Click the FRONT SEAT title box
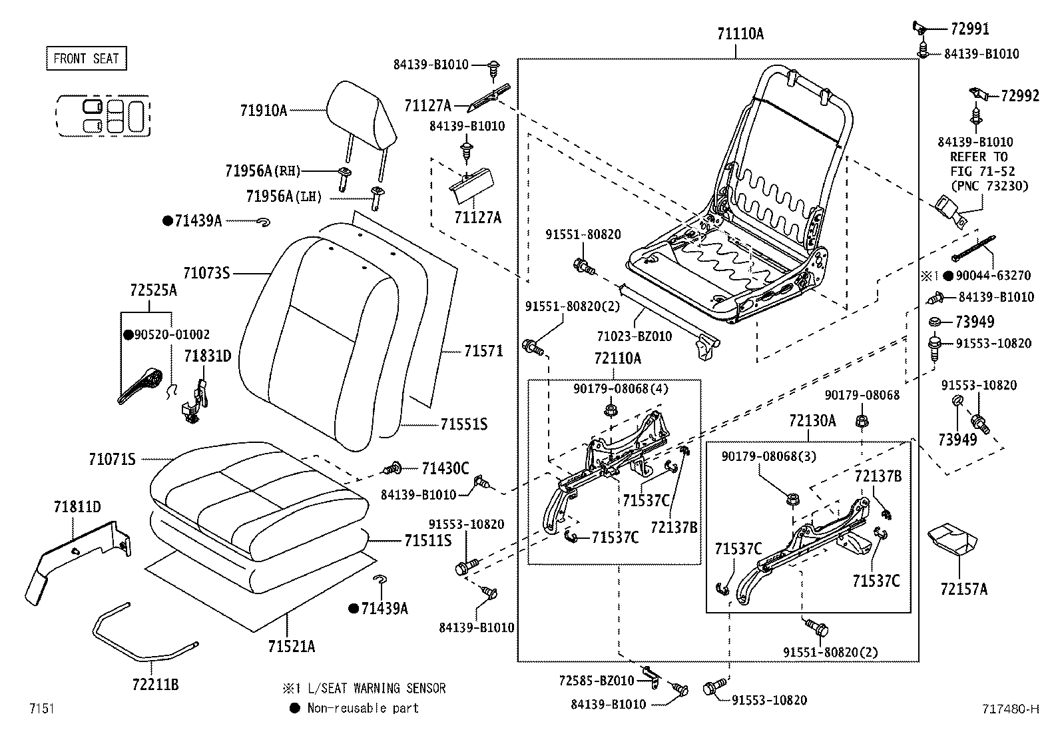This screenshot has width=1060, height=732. click(x=86, y=59)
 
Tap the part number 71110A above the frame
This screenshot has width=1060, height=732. click(x=740, y=33)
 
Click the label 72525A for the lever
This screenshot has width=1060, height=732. click(x=154, y=290)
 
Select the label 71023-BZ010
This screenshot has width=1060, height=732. click(x=634, y=336)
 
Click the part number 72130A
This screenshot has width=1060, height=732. click(x=812, y=421)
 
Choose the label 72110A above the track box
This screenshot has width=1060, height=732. click(x=617, y=359)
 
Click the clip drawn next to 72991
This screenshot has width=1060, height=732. click(x=920, y=27)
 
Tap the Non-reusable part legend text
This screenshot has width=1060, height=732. click(x=363, y=708)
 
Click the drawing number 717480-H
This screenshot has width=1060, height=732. click(x=1010, y=709)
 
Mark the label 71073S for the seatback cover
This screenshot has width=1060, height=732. click(x=206, y=272)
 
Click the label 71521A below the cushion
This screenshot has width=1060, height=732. click(x=292, y=645)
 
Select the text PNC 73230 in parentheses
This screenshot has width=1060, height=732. click(x=989, y=186)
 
